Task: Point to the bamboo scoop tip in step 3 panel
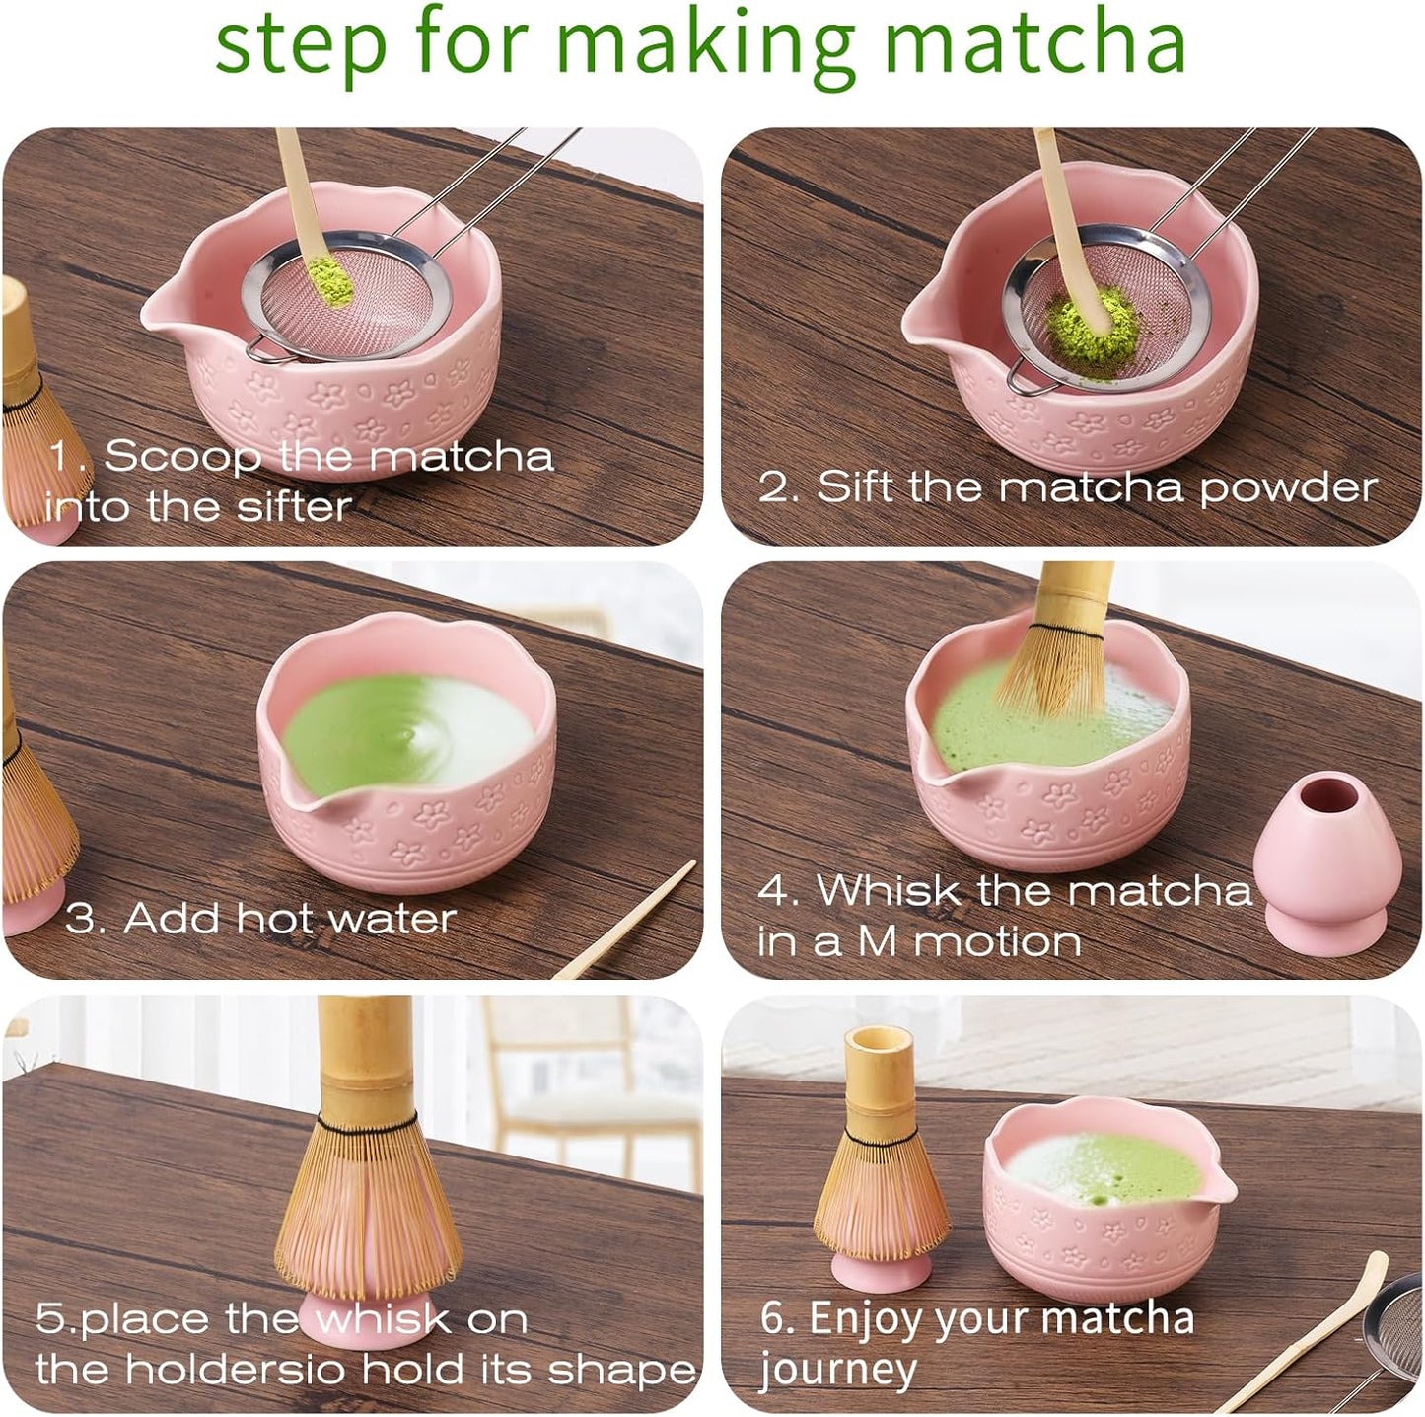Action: (x=680, y=873)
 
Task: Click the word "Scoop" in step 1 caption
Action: (x=182, y=456)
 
